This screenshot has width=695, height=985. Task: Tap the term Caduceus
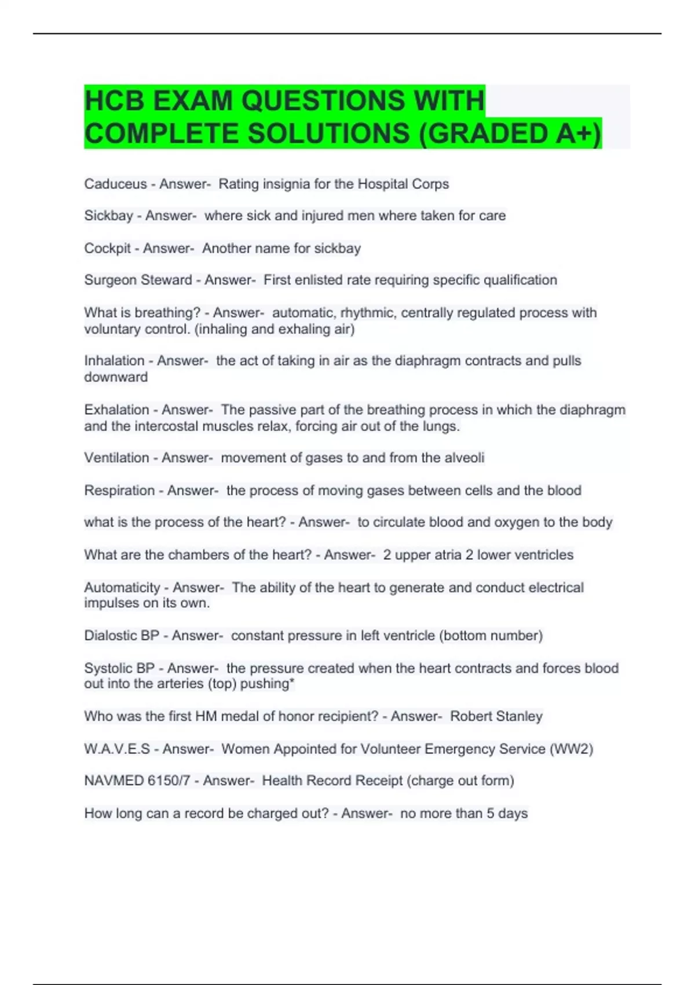[115, 184]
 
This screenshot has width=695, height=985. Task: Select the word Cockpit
[107, 249]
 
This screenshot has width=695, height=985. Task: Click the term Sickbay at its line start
[108, 216]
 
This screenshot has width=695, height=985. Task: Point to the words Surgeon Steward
[138, 280]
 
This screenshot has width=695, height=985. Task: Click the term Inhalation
[114, 361]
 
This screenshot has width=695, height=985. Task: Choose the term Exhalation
[116, 410]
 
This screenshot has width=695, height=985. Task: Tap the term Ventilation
[116, 458]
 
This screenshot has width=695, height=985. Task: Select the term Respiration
[119, 491]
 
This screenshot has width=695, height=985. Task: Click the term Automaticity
[122, 588]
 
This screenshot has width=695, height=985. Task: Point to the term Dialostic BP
[121, 636]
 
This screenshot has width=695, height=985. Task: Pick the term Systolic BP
[119, 668]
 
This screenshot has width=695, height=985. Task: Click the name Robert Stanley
[496, 717]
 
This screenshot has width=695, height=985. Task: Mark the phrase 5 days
[507, 813]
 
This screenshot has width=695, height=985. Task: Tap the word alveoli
[464, 458]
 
